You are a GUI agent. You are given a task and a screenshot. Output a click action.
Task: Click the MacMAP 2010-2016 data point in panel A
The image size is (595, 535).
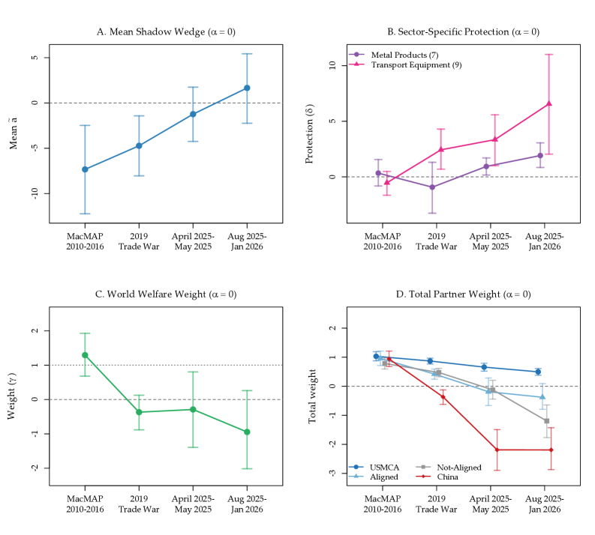(x=85, y=169)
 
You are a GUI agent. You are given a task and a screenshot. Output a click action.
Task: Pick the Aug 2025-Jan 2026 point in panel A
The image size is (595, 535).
(x=247, y=88)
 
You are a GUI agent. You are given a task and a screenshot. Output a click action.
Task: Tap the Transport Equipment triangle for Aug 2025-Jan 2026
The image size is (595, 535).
(x=549, y=103)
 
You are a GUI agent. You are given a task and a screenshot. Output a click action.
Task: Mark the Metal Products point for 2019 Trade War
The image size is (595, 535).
(x=432, y=187)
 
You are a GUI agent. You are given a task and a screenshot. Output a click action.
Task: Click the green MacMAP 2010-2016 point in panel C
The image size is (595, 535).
(x=85, y=354)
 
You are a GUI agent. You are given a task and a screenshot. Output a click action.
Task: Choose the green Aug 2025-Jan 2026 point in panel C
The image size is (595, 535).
(x=247, y=432)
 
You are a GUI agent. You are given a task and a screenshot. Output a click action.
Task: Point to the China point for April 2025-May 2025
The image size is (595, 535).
(x=497, y=450)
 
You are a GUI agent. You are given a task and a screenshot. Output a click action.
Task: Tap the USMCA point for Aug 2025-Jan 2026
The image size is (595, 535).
(x=538, y=372)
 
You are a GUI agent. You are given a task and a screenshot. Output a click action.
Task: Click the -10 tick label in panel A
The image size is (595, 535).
(x=34, y=193)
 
